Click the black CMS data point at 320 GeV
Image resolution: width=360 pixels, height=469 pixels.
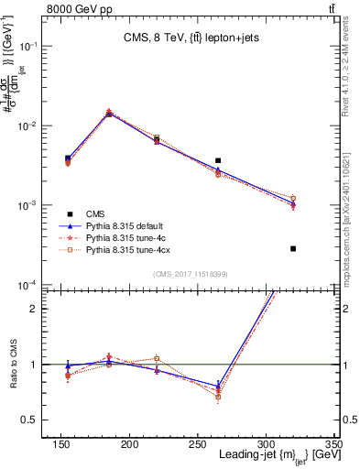tap(293, 248)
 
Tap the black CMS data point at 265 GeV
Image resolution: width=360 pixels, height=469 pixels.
tap(243, 160)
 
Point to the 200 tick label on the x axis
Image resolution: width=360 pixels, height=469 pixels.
tap(183, 445)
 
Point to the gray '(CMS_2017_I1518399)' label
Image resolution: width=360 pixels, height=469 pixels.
tap(190, 273)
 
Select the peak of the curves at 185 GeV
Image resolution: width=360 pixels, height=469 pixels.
tap(169, 113)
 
